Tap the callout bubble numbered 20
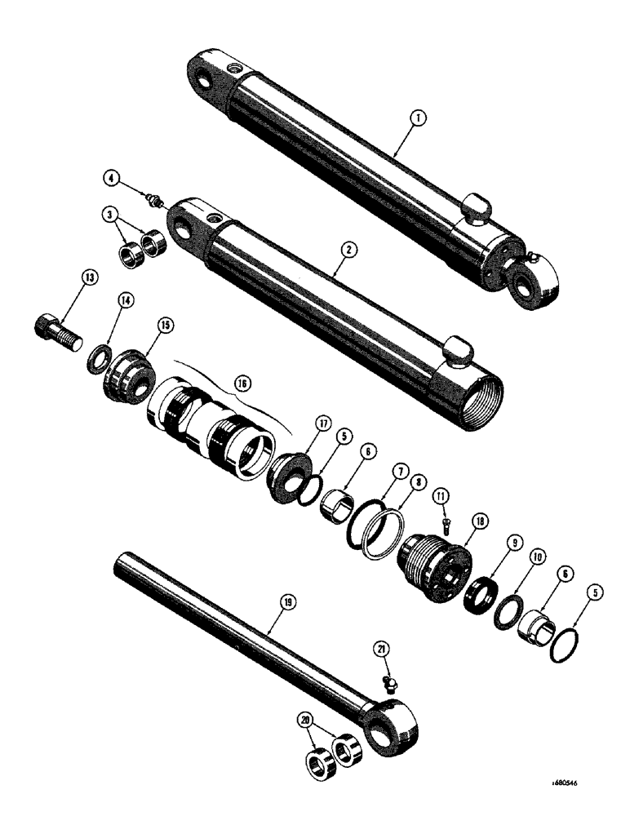[306, 721]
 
